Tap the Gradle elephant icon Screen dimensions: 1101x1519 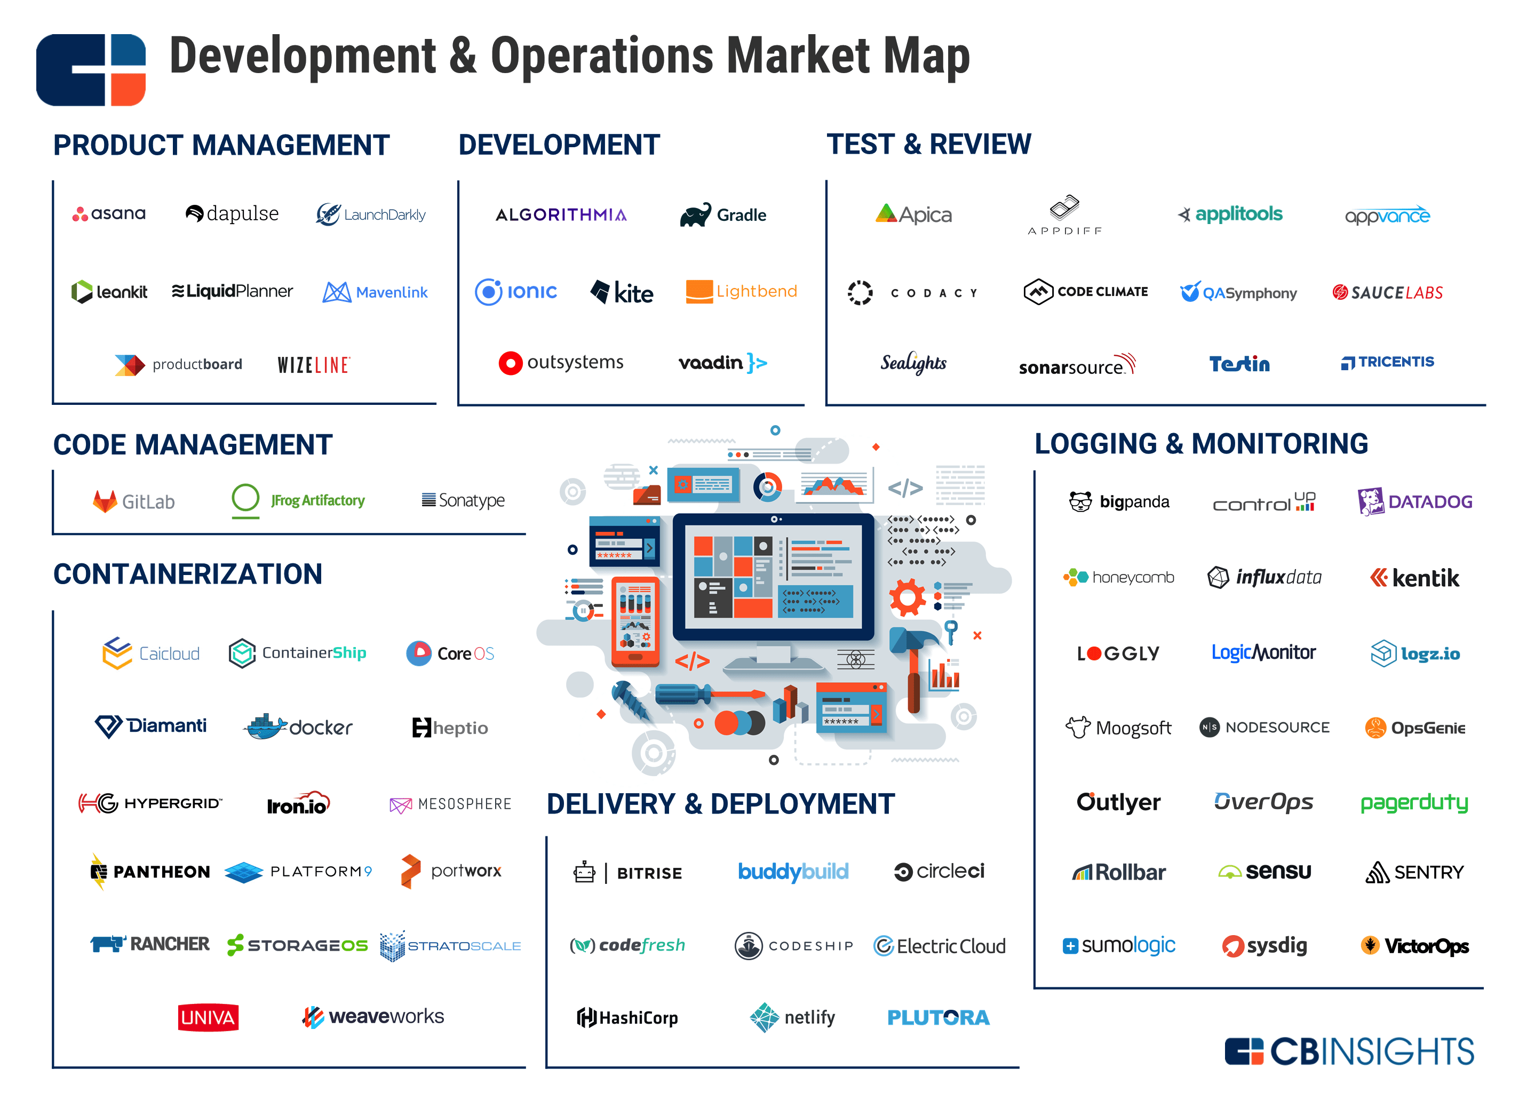coord(695,215)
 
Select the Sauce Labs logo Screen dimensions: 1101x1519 coord(1387,293)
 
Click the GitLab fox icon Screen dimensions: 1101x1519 coord(105,501)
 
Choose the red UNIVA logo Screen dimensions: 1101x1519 coord(208,1017)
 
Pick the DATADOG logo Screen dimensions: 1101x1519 coord(1414,501)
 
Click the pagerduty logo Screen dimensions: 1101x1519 coord(1414,802)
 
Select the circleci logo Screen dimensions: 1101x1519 coord(939,871)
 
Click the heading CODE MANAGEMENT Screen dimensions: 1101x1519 coord(193,445)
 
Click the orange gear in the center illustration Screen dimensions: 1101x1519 coord(907,597)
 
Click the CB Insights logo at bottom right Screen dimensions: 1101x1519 coord(1349,1051)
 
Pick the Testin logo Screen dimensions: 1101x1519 coord(1239,364)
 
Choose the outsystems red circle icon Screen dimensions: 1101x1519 coord(511,363)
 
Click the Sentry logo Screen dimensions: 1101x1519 coord(1414,872)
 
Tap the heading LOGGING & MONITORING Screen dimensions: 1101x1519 coord(1201,444)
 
